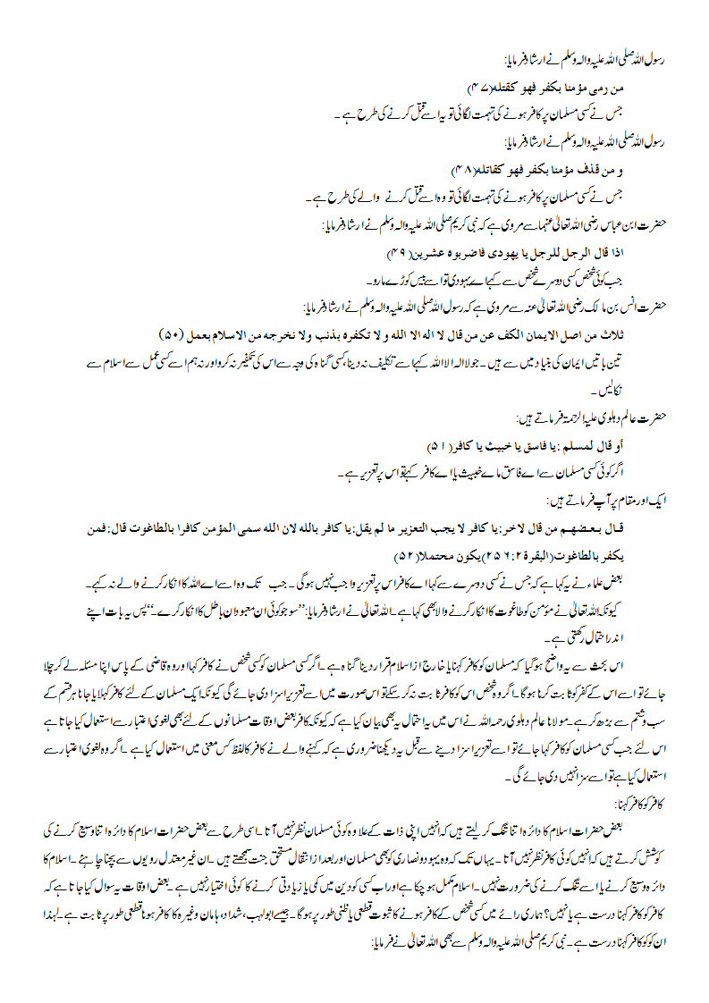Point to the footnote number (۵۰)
click(x=173, y=333)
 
